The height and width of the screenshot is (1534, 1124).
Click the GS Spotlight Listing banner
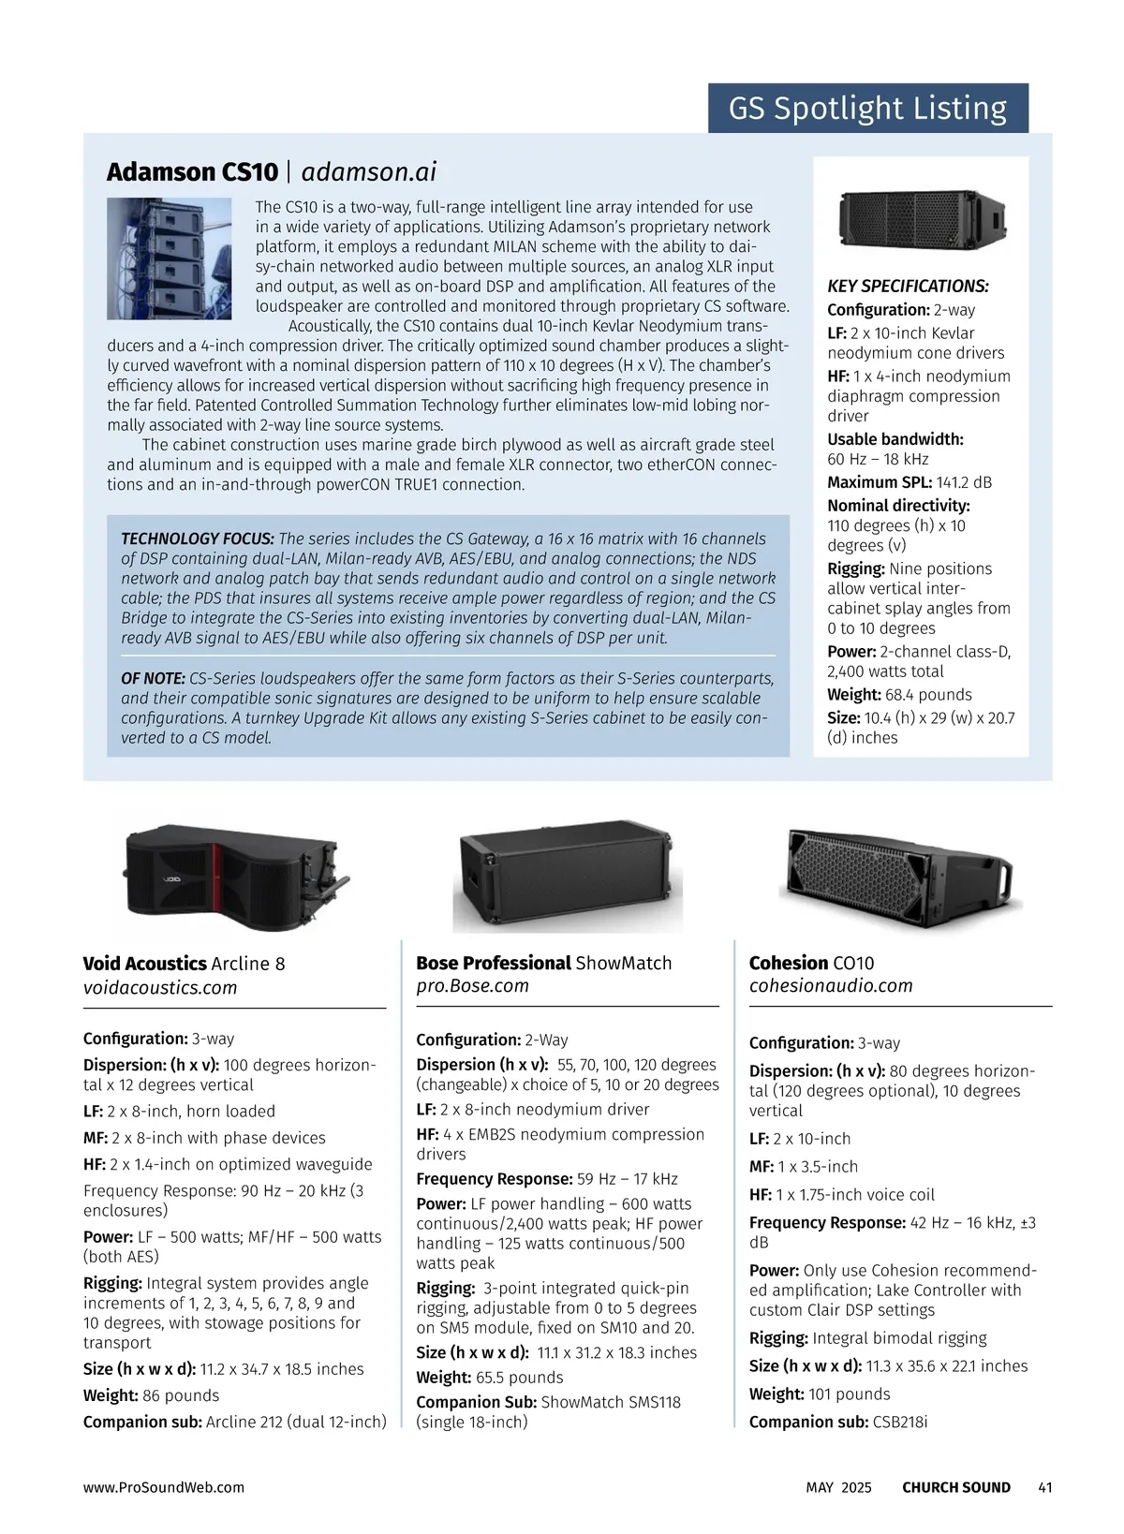[x=867, y=109]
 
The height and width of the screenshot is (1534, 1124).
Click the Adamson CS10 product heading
[x=192, y=172]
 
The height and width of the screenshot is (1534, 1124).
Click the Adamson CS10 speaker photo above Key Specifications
[x=921, y=220]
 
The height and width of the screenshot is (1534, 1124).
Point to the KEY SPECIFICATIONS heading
[x=908, y=287]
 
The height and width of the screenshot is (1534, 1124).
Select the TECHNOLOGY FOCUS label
[x=197, y=538]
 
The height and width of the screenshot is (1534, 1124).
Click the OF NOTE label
[x=153, y=678]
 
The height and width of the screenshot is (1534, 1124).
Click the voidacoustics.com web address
[x=160, y=988]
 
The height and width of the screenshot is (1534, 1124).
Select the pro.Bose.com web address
[x=473, y=986]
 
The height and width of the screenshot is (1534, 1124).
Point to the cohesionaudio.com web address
[x=831, y=986]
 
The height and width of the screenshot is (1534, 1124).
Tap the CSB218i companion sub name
[x=900, y=1422]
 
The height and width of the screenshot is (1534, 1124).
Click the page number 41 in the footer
[x=1045, y=1487]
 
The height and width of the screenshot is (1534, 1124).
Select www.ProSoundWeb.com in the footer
[x=164, y=1487]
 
